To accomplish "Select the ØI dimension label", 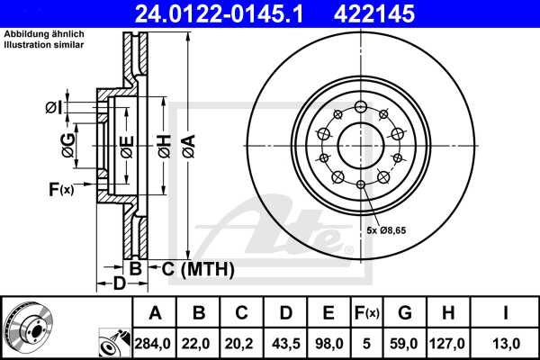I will coord(54,109).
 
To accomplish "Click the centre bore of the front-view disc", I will coord(360,145).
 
